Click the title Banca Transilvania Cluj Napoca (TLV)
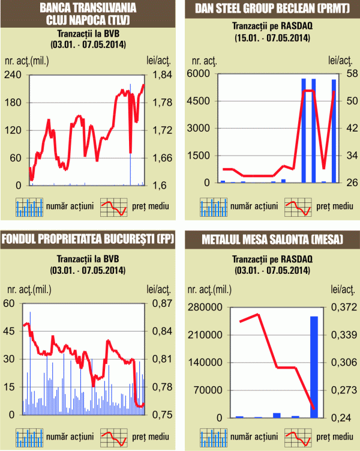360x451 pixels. tap(87, 13)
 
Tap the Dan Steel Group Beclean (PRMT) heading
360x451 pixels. tap(269, 8)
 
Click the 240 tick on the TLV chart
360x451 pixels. tap(13, 74)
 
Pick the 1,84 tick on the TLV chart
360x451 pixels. tap(159, 74)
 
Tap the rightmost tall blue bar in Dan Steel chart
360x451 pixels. tap(334, 131)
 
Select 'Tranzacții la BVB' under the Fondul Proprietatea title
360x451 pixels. tap(88, 259)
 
